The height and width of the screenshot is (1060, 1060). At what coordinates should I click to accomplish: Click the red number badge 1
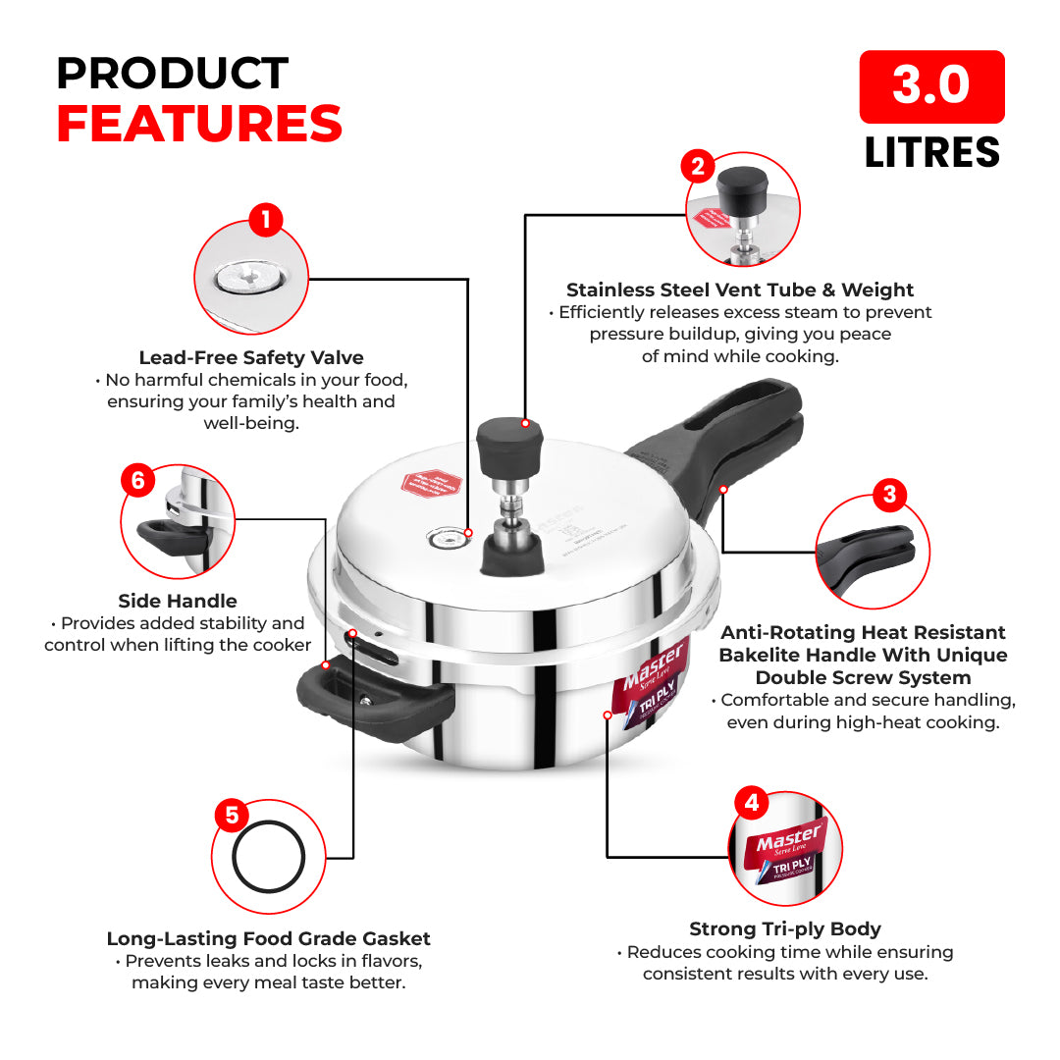pos(265,219)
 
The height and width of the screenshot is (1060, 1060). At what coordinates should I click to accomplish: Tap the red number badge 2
pos(697,166)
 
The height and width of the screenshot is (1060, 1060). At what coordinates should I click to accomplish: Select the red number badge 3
pos(889,494)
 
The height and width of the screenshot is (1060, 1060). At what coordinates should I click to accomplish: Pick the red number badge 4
pos(751,803)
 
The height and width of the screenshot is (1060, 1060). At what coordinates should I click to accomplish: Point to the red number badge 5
pos(232,815)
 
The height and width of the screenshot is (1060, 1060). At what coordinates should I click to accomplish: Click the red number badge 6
pos(137,480)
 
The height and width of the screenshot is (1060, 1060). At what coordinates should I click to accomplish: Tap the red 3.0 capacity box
pos(931,86)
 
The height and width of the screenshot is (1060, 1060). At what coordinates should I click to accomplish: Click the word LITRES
pos(931,152)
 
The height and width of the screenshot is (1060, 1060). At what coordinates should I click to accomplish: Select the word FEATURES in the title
pos(199,125)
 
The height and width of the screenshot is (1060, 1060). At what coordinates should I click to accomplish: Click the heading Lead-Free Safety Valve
pos(251,358)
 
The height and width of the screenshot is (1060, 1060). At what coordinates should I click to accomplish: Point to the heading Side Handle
pos(178,601)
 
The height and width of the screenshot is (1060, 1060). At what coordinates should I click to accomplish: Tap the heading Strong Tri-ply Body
pos(785,928)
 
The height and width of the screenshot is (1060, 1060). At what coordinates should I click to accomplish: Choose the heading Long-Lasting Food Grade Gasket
pos(268,939)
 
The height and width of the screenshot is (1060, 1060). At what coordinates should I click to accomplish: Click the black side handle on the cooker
pos(373,700)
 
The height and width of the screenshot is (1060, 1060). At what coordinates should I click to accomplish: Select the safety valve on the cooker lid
pos(447,538)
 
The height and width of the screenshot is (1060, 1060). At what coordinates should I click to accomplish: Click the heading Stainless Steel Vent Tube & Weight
pos(740,290)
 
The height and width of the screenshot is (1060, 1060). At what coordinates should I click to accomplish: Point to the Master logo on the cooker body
pos(652,669)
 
